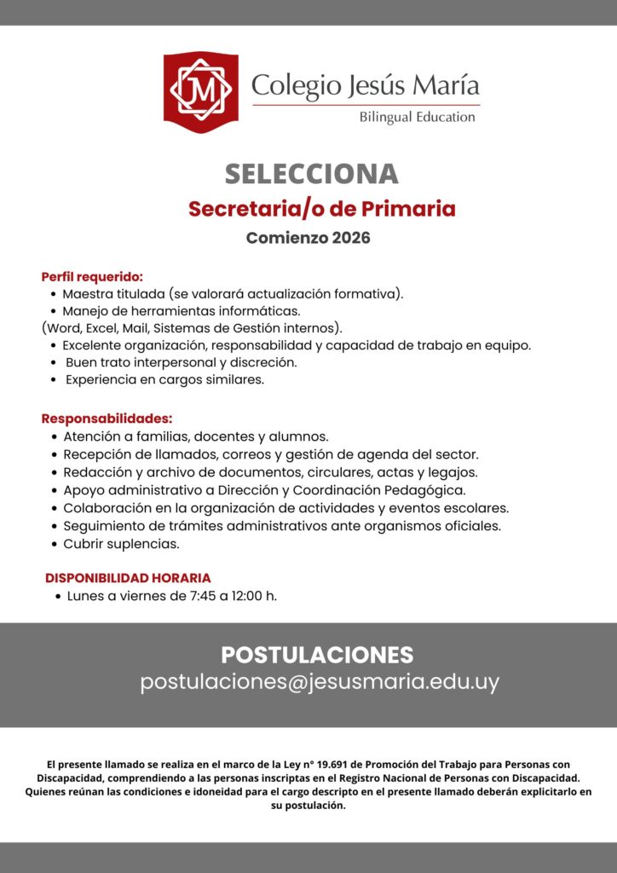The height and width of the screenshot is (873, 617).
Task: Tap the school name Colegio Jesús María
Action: (x=365, y=85)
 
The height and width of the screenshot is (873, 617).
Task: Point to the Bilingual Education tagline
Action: (x=417, y=117)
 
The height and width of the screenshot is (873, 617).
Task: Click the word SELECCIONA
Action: (x=311, y=174)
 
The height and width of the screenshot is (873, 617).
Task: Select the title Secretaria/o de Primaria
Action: (x=321, y=209)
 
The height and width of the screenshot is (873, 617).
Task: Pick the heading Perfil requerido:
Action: (x=92, y=277)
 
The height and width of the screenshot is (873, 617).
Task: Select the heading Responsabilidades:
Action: (x=107, y=419)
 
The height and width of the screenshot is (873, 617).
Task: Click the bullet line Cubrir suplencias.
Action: (x=121, y=543)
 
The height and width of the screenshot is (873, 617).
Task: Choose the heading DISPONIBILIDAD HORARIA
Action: (x=128, y=578)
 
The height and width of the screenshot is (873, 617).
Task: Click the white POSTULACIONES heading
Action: (x=317, y=656)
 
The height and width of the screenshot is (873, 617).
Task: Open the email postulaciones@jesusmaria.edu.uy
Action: (x=320, y=683)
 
